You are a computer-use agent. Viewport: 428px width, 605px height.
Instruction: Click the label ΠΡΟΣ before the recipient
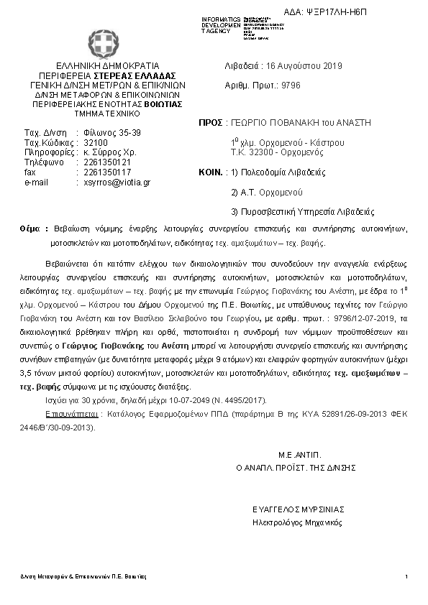click(x=209, y=123)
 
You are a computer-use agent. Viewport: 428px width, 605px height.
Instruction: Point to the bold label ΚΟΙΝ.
click(x=209, y=172)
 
